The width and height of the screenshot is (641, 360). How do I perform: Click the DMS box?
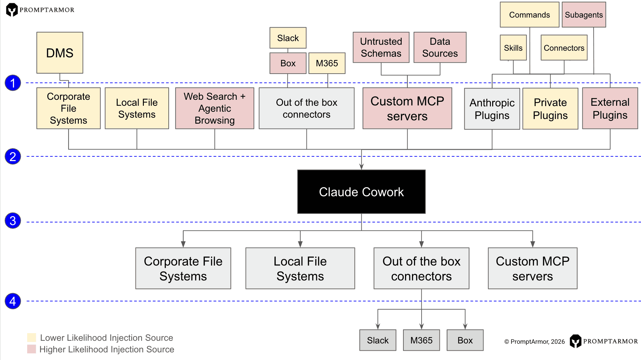tap(60, 53)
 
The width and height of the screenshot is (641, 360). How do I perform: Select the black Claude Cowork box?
tap(361, 192)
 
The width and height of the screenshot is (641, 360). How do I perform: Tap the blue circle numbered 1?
tap(13, 83)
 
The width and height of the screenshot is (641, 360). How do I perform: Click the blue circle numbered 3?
tap(13, 221)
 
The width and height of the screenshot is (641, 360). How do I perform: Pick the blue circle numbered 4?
tap(13, 301)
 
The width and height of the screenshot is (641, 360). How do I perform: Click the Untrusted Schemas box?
tap(381, 47)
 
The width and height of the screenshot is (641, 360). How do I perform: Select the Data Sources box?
tap(440, 47)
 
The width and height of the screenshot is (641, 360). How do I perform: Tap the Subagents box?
tap(584, 15)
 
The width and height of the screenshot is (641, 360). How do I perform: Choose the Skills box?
tap(513, 48)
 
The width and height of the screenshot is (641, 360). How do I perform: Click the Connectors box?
tap(564, 48)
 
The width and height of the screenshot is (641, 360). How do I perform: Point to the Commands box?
tap(529, 15)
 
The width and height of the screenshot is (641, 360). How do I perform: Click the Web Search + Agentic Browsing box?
tap(214, 108)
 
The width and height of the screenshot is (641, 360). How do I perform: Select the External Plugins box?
tap(610, 108)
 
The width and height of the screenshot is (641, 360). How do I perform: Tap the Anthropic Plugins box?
tap(492, 109)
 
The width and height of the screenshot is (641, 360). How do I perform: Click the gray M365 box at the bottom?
tap(421, 340)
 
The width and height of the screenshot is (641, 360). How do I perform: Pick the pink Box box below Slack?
tap(288, 63)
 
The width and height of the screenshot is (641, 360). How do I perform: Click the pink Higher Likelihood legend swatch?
tap(31, 349)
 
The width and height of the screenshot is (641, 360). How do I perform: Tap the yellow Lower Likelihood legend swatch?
tap(31, 337)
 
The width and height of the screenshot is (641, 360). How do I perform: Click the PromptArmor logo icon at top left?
tap(12, 10)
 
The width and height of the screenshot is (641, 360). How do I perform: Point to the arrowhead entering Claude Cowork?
tap(361, 167)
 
